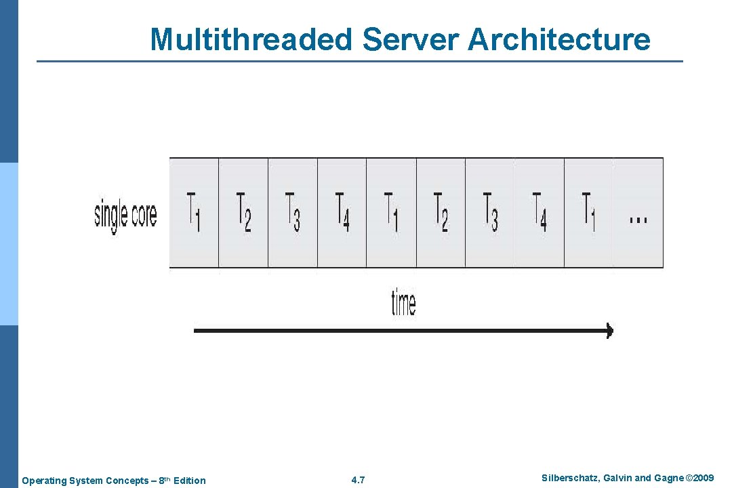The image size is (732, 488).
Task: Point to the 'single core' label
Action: (x=125, y=214)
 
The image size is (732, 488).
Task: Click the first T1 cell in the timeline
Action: (x=194, y=212)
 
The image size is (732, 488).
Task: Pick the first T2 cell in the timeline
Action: (x=243, y=212)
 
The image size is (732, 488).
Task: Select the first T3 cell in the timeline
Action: (x=293, y=212)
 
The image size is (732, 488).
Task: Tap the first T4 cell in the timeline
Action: (x=342, y=212)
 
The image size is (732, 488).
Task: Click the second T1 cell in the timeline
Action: (x=392, y=212)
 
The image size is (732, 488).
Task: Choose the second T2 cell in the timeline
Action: (x=441, y=212)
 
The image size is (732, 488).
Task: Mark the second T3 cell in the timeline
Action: (x=490, y=212)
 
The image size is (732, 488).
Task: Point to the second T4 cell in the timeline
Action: (x=540, y=212)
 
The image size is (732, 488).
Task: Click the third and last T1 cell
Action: (x=589, y=212)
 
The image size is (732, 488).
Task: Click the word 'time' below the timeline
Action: (x=403, y=302)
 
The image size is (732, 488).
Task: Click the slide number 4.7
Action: (x=359, y=481)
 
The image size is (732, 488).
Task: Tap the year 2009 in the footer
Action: (x=702, y=479)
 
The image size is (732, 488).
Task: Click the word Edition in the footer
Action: (x=190, y=481)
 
